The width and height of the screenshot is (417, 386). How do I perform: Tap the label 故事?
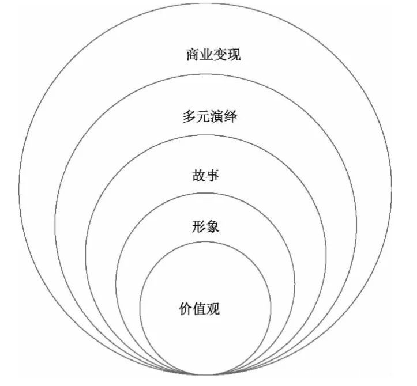(x=206, y=175)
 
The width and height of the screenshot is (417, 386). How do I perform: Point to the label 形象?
(x=205, y=226)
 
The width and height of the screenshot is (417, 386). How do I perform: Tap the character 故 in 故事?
(x=199, y=175)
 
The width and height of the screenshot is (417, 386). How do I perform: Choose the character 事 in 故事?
(x=213, y=175)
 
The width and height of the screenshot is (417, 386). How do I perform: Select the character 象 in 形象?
(x=212, y=226)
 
